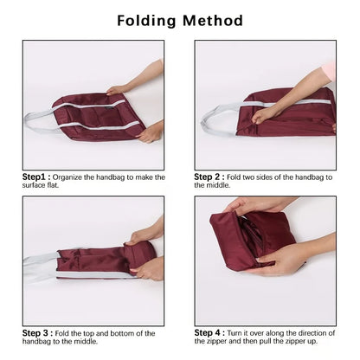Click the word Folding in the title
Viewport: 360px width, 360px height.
149,20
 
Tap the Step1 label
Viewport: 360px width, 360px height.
38,176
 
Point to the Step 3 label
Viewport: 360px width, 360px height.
39,332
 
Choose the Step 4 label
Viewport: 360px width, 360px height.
211,332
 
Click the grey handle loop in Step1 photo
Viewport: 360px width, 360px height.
39,119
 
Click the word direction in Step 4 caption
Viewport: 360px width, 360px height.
312,332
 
